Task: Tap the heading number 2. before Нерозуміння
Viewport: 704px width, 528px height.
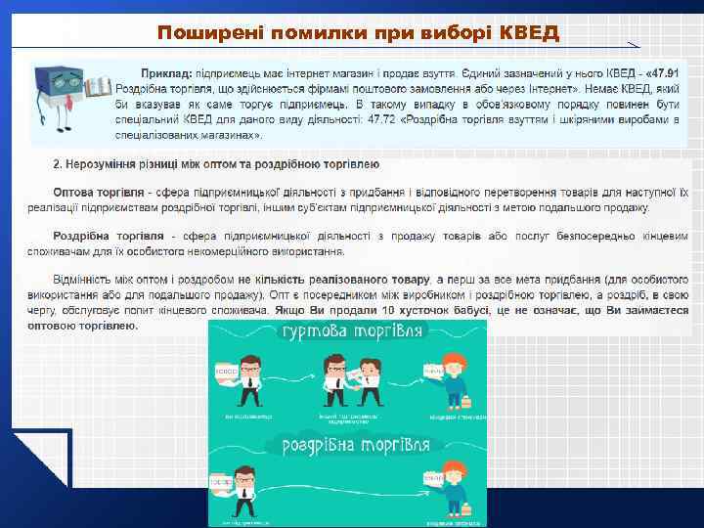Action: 59,163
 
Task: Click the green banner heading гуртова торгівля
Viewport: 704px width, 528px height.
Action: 353,333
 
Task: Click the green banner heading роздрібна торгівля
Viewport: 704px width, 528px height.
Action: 356,446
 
